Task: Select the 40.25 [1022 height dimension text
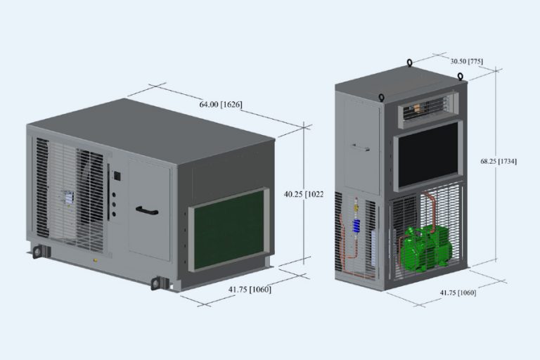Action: (x=303, y=194)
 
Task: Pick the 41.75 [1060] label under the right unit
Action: (x=457, y=292)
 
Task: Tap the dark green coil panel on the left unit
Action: (x=230, y=229)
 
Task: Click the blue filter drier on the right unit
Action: (x=356, y=226)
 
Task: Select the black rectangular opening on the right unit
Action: (x=428, y=155)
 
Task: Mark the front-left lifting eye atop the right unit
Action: (x=382, y=97)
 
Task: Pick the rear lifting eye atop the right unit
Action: (x=409, y=63)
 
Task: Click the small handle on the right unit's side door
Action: (x=361, y=148)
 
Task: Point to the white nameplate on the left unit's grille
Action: (x=70, y=199)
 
